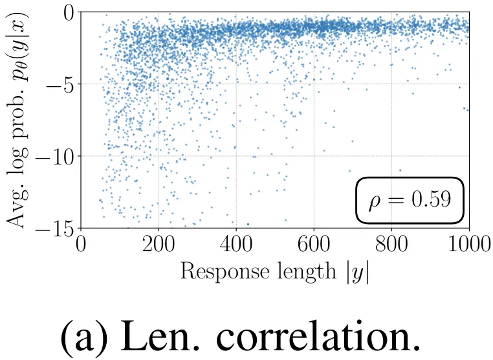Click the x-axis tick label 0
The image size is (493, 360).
[x=82, y=247]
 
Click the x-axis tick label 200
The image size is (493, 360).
[x=159, y=247]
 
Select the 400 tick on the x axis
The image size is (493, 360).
[x=236, y=247]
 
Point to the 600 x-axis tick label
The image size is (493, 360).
[x=314, y=247]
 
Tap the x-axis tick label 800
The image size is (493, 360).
[x=391, y=247]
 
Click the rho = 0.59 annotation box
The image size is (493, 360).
[x=410, y=201]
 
